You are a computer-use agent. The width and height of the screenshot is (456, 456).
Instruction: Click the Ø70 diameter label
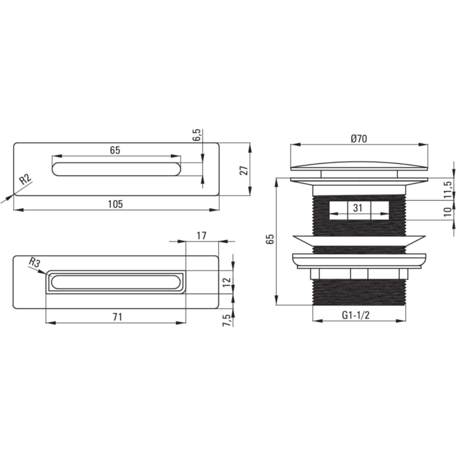coord(359,139)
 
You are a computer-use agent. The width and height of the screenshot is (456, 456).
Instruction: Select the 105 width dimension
coord(115,204)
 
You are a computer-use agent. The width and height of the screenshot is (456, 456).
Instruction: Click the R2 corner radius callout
coord(25,180)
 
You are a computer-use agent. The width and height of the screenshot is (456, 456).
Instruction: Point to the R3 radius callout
coord(35,263)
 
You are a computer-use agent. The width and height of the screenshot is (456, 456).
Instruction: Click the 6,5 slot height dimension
coord(196,135)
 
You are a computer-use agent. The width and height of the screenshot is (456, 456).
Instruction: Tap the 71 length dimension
coord(117,317)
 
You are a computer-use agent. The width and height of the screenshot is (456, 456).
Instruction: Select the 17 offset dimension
coord(201,236)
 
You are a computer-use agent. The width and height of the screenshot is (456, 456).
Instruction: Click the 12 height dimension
coord(227,282)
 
